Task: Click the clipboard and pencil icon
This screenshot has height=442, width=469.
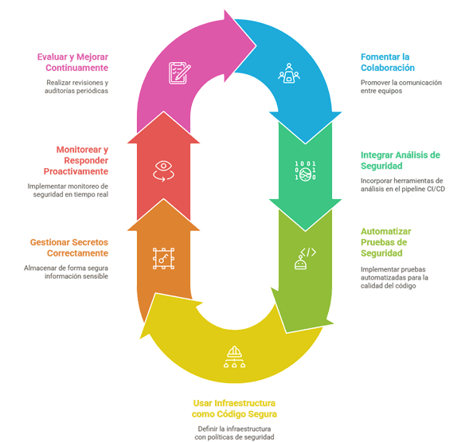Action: pyautogui.click(x=179, y=73)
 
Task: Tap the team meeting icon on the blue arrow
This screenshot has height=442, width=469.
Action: pyautogui.click(x=288, y=72)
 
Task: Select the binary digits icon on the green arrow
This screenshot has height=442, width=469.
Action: pyautogui.click(x=305, y=171)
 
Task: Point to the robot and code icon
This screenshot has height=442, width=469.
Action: pyautogui.click(x=305, y=259)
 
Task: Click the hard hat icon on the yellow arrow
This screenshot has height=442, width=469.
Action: pyautogui.click(x=234, y=357)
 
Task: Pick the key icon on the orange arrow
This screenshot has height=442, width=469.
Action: pyautogui.click(x=163, y=259)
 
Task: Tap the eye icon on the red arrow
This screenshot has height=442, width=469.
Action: pyautogui.click(x=163, y=171)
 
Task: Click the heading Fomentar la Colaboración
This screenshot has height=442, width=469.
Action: pyautogui.click(x=388, y=62)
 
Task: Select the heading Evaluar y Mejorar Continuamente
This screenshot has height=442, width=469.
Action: pyautogui.click(x=72, y=62)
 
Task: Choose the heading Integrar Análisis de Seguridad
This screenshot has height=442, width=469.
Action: pyautogui.click(x=401, y=160)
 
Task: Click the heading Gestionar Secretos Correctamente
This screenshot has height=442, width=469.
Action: pyautogui.click(x=69, y=248)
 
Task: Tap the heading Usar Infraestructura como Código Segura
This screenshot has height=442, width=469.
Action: pyautogui.click(x=234, y=409)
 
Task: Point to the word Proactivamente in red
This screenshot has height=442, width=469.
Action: pyautogui.click(x=76, y=171)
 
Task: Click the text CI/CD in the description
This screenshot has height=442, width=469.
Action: pyautogui.click(x=436, y=189)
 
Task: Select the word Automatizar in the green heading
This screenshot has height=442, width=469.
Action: pyautogui.click(x=386, y=231)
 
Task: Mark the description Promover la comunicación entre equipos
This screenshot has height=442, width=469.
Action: pyautogui.click(x=401, y=87)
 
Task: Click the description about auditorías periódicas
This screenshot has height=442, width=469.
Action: pyautogui.click(x=76, y=87)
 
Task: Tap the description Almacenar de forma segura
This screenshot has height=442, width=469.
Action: pyautogui.click(x=66, y=272)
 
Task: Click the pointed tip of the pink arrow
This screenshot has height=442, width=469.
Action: pyautogui.click(x=256, y=45)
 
